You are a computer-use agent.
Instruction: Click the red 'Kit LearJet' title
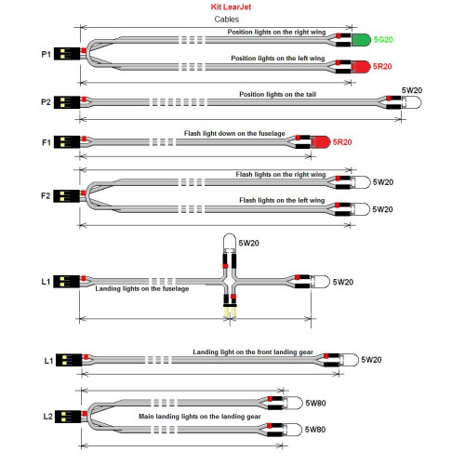click(x=231, y=7)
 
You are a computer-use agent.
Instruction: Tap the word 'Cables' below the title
click(x=227, y=20)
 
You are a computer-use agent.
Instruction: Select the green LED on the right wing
click(x=361, y=40)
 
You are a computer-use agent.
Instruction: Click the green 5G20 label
click(x=383, y=40)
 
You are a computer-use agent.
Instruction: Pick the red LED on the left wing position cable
click(x=361, y=67)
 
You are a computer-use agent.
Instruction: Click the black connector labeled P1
click(x=67, y=54)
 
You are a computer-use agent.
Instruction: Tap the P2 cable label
click(x=46, y=102)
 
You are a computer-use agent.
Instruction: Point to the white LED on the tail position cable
click(x=412, y=102)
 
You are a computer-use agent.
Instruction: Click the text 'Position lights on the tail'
click(x=277, y=94)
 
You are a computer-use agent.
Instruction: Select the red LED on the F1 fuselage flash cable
click(x=321, y=142)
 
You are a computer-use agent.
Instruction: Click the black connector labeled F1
click(x=67, y=142)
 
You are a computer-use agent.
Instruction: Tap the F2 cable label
click(x=46, y=196)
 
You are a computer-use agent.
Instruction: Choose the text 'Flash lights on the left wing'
click(x=282, y=200)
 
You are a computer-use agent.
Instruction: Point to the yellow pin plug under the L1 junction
click(x=230, y=311)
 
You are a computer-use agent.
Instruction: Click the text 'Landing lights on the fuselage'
click(x=142, y=288)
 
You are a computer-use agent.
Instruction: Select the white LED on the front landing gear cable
click(x=349, y=360)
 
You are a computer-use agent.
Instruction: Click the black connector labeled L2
click(x=68, y=417)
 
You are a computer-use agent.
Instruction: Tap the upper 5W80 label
click(x=315, y=403)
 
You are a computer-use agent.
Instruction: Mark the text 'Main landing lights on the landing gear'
click(x=200, y=417)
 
